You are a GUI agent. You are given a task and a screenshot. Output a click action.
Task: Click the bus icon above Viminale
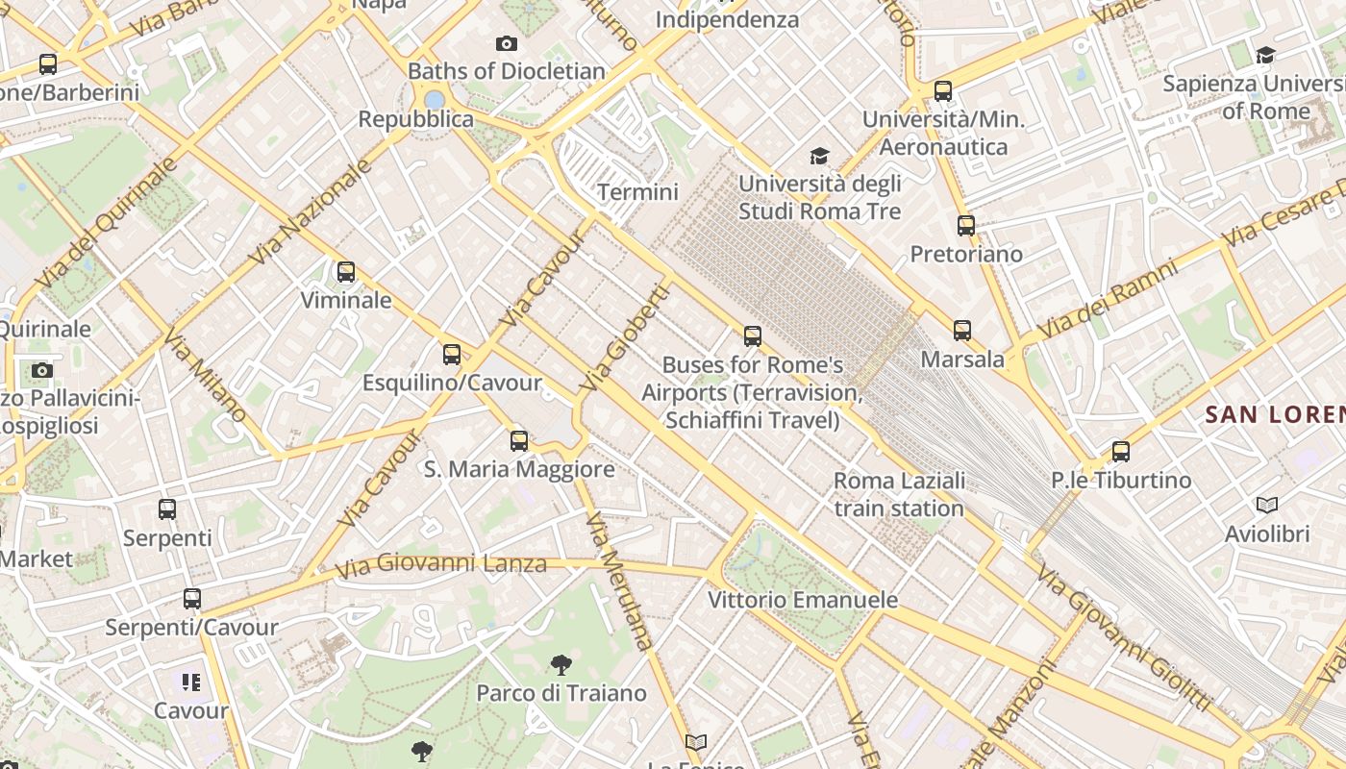click(x=346, y=272)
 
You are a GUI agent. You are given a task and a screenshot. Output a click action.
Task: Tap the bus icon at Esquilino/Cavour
click(x=452, y=355)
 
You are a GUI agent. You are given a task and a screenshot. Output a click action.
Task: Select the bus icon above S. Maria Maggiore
click(x=519, y=441)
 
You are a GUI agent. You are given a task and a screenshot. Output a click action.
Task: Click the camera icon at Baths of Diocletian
click(x=507, y=43)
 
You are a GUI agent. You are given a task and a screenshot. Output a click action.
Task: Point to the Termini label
click(x=637, y=192)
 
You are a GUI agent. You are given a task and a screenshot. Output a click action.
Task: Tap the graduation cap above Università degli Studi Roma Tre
click(x=819, y=156)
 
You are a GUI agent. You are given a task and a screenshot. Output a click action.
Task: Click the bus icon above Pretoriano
click(x=966, y=226)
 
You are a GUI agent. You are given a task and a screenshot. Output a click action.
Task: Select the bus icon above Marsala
click(x=962, y=331)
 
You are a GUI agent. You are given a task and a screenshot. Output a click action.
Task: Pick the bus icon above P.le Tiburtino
click(x=1121, y=451)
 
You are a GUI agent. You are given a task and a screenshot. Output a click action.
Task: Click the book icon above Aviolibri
click(x=1267, y=505)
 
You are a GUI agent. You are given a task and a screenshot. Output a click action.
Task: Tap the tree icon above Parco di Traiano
click(x=561, y=664)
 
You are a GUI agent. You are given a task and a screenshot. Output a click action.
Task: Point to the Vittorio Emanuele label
click(x=803, y=600)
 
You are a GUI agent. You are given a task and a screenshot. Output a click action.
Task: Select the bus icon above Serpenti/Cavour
click(x=192, y=599)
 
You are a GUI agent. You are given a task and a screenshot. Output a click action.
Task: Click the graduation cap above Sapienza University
click(x=1265, y=55)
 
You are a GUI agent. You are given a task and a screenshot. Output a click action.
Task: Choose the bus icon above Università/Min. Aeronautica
click(x=943, y=91)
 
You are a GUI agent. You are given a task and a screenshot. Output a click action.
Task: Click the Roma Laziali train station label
click(x=899, y=494)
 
